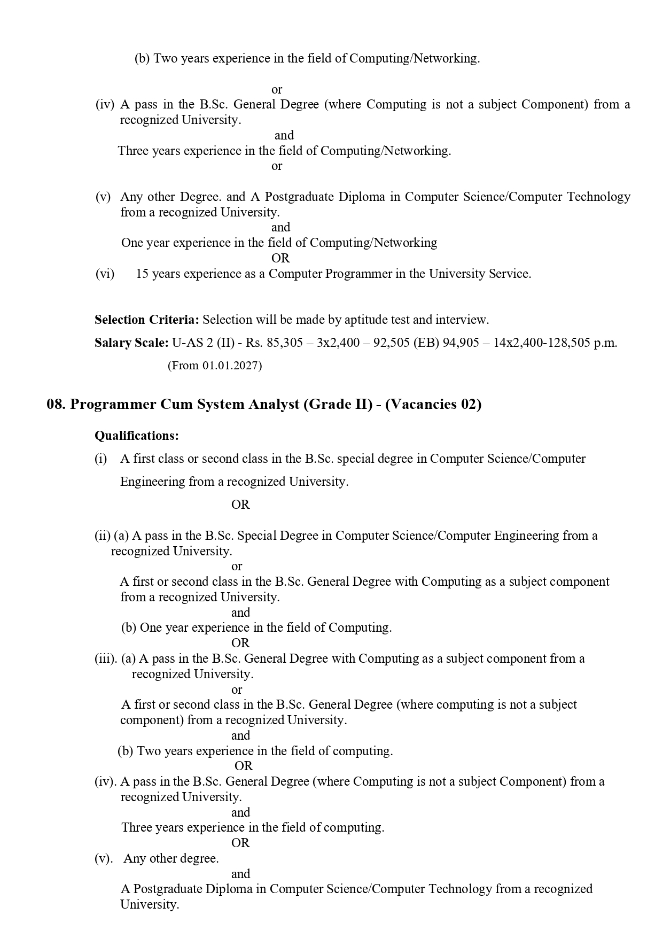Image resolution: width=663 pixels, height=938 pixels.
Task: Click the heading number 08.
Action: pyautogui.click(x=56, y=405)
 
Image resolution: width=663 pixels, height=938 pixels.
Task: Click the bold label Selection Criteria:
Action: pyautogui.click(x=147, y=320)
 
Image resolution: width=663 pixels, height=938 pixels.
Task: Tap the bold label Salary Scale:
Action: pyautogui.click(x=131, y=343)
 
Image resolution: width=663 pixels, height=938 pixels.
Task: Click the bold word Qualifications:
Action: pyautogui.click(x=137, y=436)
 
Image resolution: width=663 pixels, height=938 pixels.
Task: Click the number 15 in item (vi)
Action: pyautogui.click(x=143, y=274)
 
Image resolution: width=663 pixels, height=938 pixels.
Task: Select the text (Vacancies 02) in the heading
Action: pyautogui.click(x=433, y=405)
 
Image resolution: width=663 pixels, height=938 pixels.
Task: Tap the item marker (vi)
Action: pyautogui.click(x=105, y=274)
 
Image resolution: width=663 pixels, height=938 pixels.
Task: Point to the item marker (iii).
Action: pyautogui.click(x=106, y=659)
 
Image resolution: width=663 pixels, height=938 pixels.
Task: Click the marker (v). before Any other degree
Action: pyautogui.click(x=104, y=859)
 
